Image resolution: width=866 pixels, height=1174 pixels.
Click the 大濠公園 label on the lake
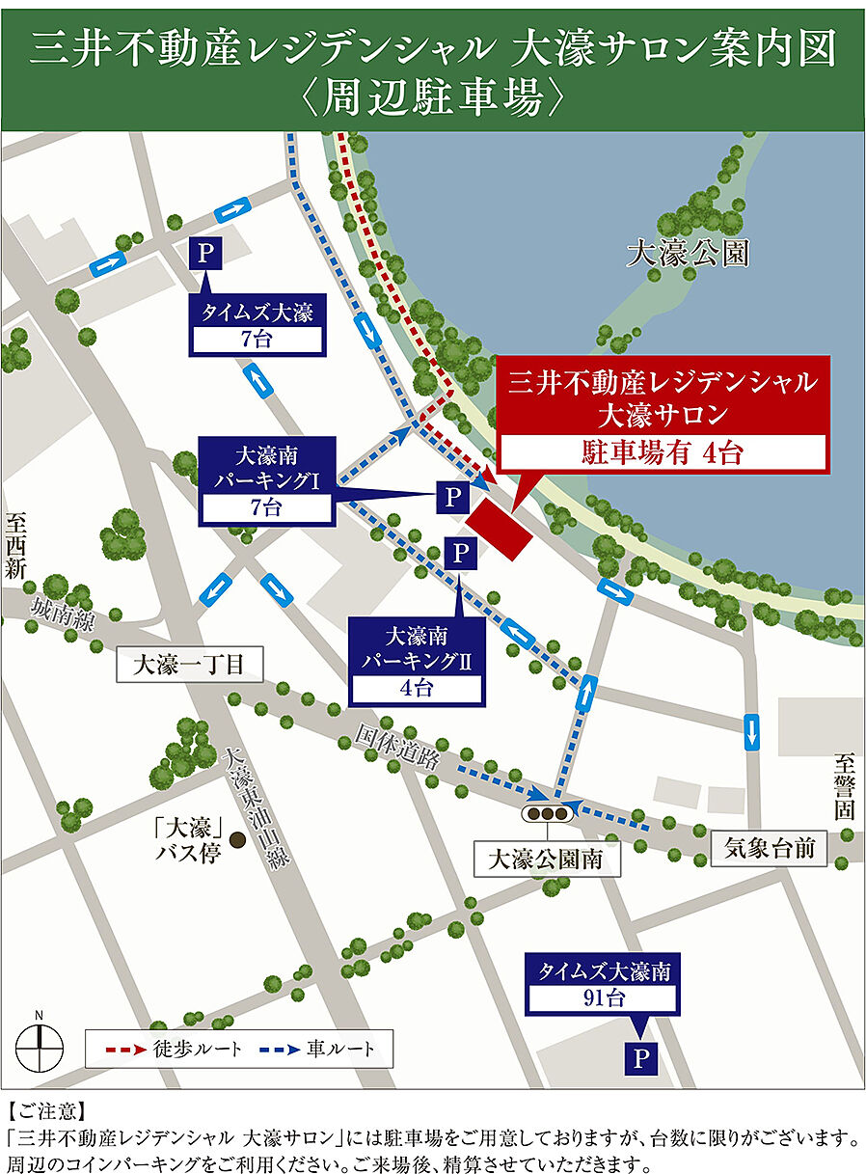point(688,255)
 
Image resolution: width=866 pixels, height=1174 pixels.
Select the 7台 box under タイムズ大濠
point(257,340)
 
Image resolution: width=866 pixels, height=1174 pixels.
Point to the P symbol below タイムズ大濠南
point(638,1058)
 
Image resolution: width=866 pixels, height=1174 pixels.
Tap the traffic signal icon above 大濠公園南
point(547,812)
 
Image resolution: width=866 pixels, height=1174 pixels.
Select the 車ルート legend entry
point(318,1048)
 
